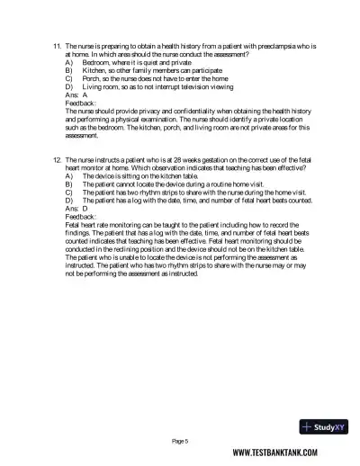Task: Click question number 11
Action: [57, 45]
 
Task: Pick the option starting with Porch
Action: [144, 78]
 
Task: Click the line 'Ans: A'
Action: [77, 94]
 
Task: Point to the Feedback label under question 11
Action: [81, 103]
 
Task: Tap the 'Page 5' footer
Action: [180, 440]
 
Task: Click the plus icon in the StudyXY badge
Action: [308, 427]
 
